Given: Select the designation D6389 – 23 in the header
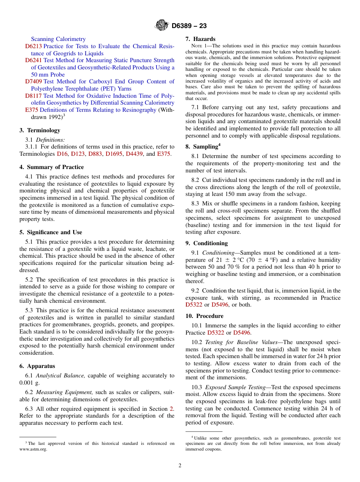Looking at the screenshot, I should (189, 26).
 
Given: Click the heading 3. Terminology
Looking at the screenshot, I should (40, 130).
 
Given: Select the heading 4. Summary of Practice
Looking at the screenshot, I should (52, 167).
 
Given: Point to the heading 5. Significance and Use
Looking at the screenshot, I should (51, 232).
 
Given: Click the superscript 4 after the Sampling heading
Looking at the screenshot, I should (219, 144).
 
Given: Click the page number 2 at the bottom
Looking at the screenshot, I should (180, 466).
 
